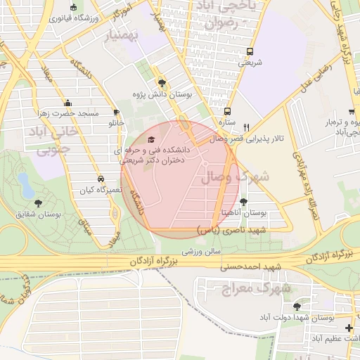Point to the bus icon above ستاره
pyautogui.click(x=226, y=111)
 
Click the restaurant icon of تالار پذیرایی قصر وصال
pyautogui.click(x=245, y=127)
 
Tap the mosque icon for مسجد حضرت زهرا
pyautogui.click(x=67, y=102)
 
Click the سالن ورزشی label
pyautogui.click(x=202, y=250)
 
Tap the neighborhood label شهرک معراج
pyautogui.click(x=245, y=288)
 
